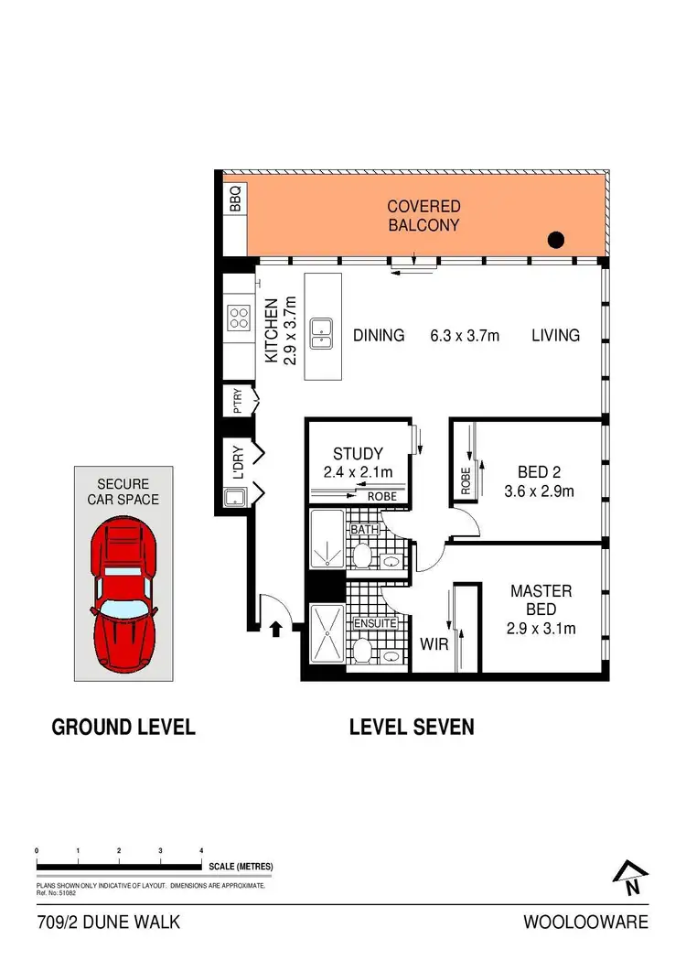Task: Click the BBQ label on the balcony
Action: [234, 199]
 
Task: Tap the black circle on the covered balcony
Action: [555, 242]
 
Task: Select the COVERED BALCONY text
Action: [423, 215]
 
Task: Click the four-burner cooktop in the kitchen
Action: [240, 318]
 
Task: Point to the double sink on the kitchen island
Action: [321, 334]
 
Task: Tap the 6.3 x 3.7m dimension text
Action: [465, 335]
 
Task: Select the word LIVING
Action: [555, 335]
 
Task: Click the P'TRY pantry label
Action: [236, 400]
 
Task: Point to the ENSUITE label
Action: [376, 623]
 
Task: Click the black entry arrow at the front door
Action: [275, 628]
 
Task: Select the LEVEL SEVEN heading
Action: [412, 728]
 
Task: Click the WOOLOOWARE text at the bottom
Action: [585, 922]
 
